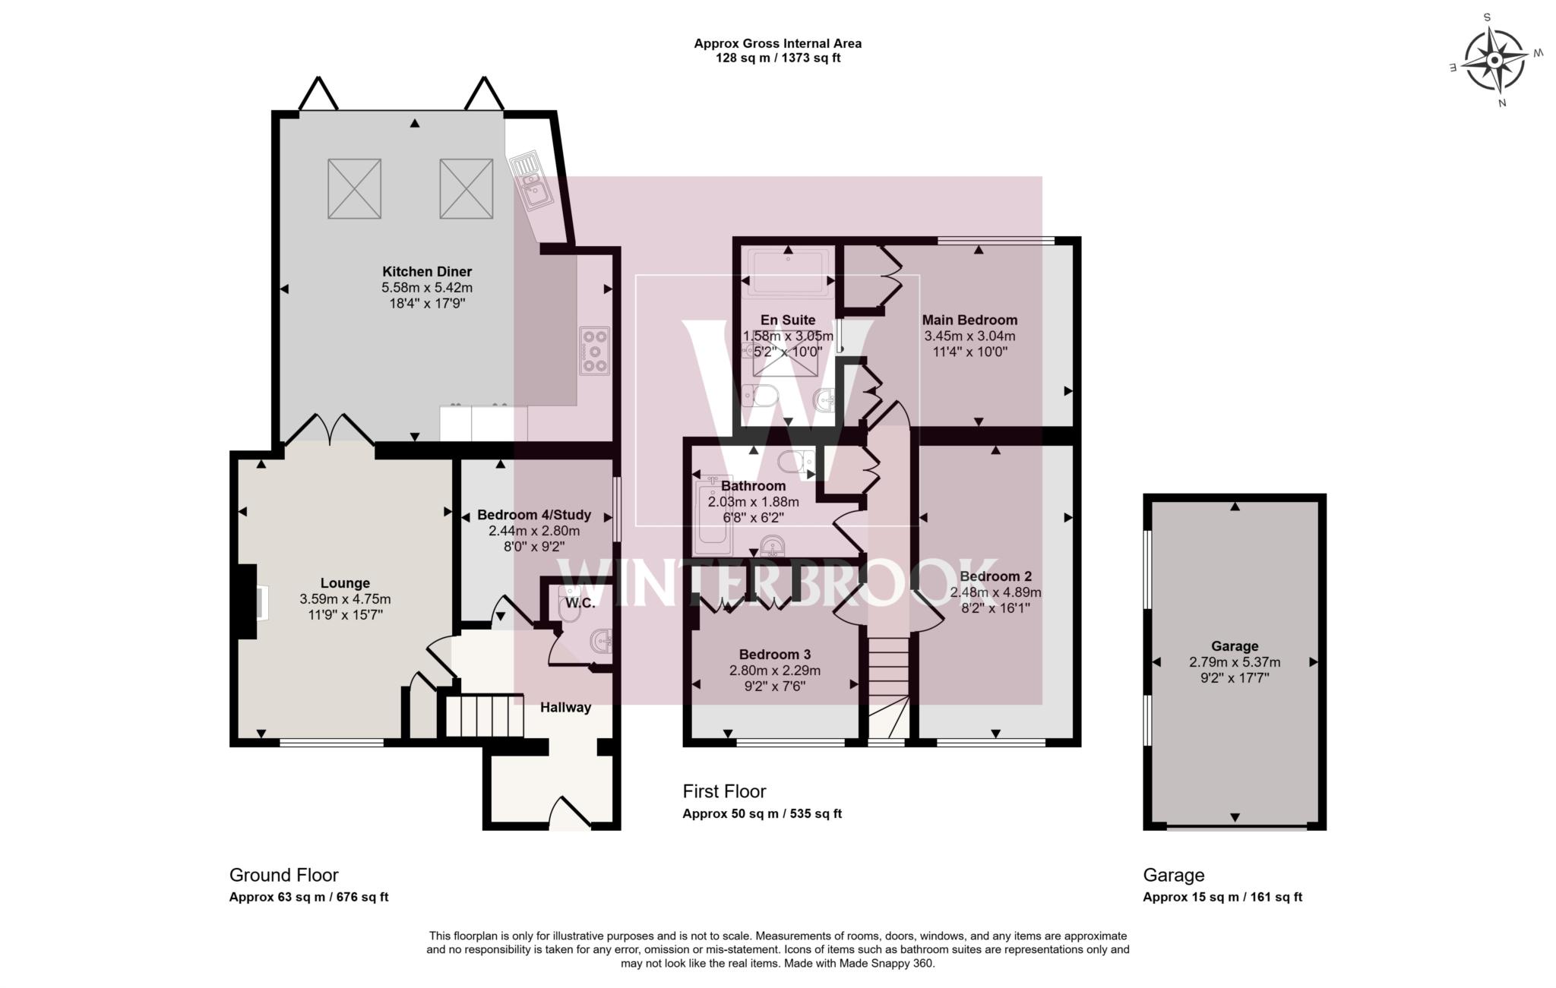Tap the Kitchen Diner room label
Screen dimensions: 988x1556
(426, 272)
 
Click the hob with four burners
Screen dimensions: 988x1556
(594, 350)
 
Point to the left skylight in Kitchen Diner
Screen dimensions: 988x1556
(354, 188)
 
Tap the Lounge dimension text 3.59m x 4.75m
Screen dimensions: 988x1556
(345, 599)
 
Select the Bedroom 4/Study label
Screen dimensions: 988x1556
(533, 516)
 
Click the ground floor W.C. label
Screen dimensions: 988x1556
(580, 604)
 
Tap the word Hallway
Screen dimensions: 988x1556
(565, 708)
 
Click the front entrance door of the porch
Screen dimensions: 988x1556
(570, 814)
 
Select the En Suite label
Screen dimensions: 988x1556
(788, 320)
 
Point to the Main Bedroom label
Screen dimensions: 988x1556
(969, 320)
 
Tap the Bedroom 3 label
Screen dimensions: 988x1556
(775, 655)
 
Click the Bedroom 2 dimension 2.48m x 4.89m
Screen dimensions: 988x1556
(995, 592)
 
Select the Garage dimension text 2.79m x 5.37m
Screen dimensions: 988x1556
(1235, 662)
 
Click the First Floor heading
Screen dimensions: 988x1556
(724, 791)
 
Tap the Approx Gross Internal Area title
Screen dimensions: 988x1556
(777, 44)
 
